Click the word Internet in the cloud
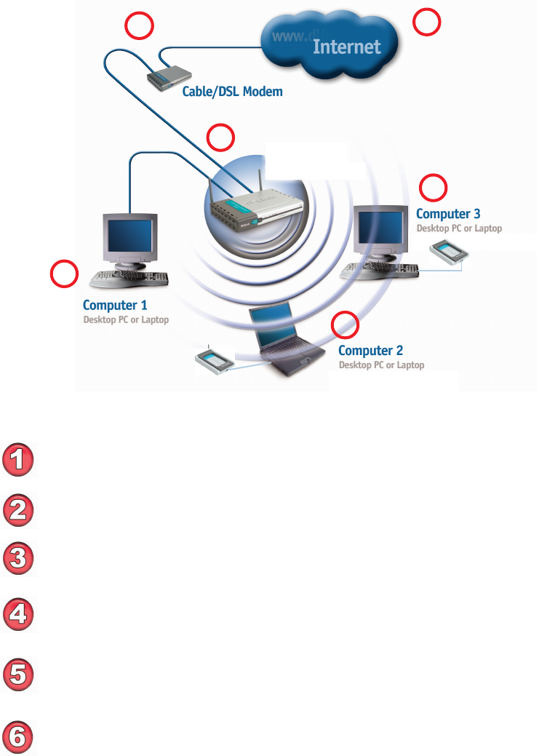point(346,47)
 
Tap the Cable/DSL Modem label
point(232,92)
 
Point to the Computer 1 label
point(115,306)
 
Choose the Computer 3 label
point(448,214)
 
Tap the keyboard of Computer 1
point(130,277)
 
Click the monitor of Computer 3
point(379,228)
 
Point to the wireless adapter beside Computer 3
point(449,254)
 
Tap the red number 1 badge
point(19,461)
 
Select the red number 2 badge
point(19,510)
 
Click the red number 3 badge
point(19,560)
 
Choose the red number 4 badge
point(19,616)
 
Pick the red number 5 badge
point(19,673)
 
